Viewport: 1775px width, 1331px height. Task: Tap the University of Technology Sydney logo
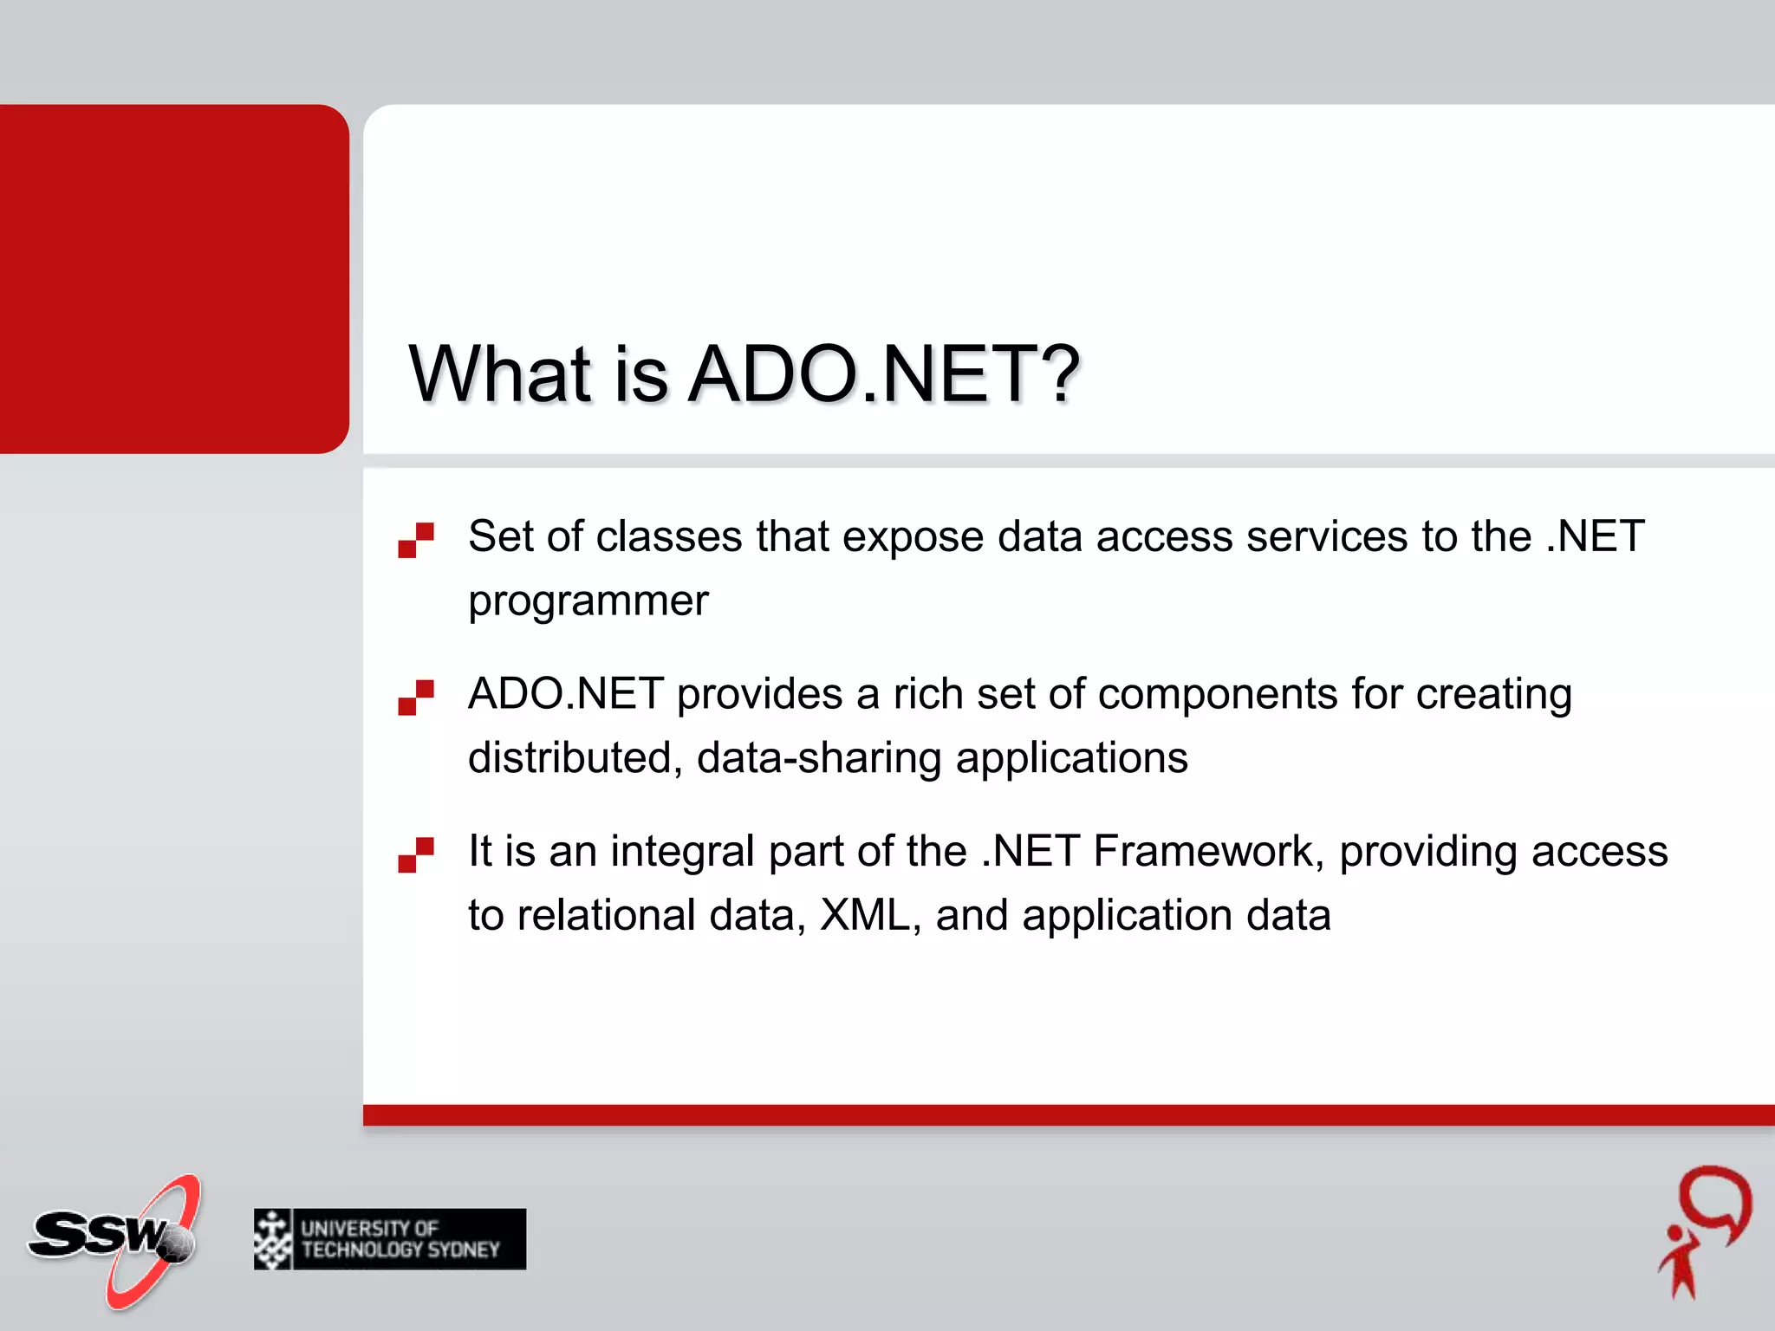[x=390, y=1239]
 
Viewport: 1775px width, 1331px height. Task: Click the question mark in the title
[x=1059, y=373]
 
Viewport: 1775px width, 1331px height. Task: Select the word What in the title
[x=500, y=373]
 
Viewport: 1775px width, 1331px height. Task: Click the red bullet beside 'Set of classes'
[x=416, y=540]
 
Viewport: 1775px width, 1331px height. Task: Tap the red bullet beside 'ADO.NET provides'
[x=416, y=698]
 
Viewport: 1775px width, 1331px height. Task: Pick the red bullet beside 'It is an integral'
[x=416, y=854]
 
